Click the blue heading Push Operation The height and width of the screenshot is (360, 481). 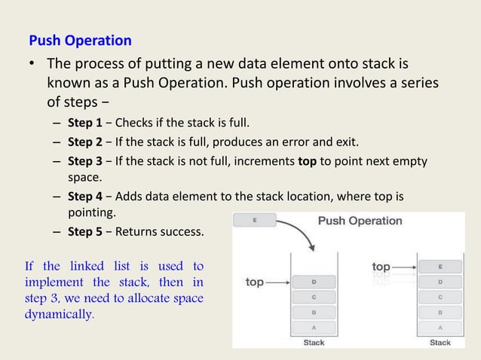pyautogui.click(x=80, y=41)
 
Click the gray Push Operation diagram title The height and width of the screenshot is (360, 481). pyautogui.click(x=361, y=221)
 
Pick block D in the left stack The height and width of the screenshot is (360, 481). pyautogui.click(x=313, y=282)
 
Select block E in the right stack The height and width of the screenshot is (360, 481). pyautogui.click(x=440, y=267)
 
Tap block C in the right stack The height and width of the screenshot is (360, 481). pyautogui.click(x=440, y=297)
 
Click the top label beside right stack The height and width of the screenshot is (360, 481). pyautogui.click(x=381, y=267)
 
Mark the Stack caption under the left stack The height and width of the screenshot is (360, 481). pyautogui.click(x=314, y=343)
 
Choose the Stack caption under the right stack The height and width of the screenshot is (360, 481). pyautogui.click(x=440, y=343)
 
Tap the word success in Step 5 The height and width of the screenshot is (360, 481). pyautogui.click(x=184, y=231)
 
